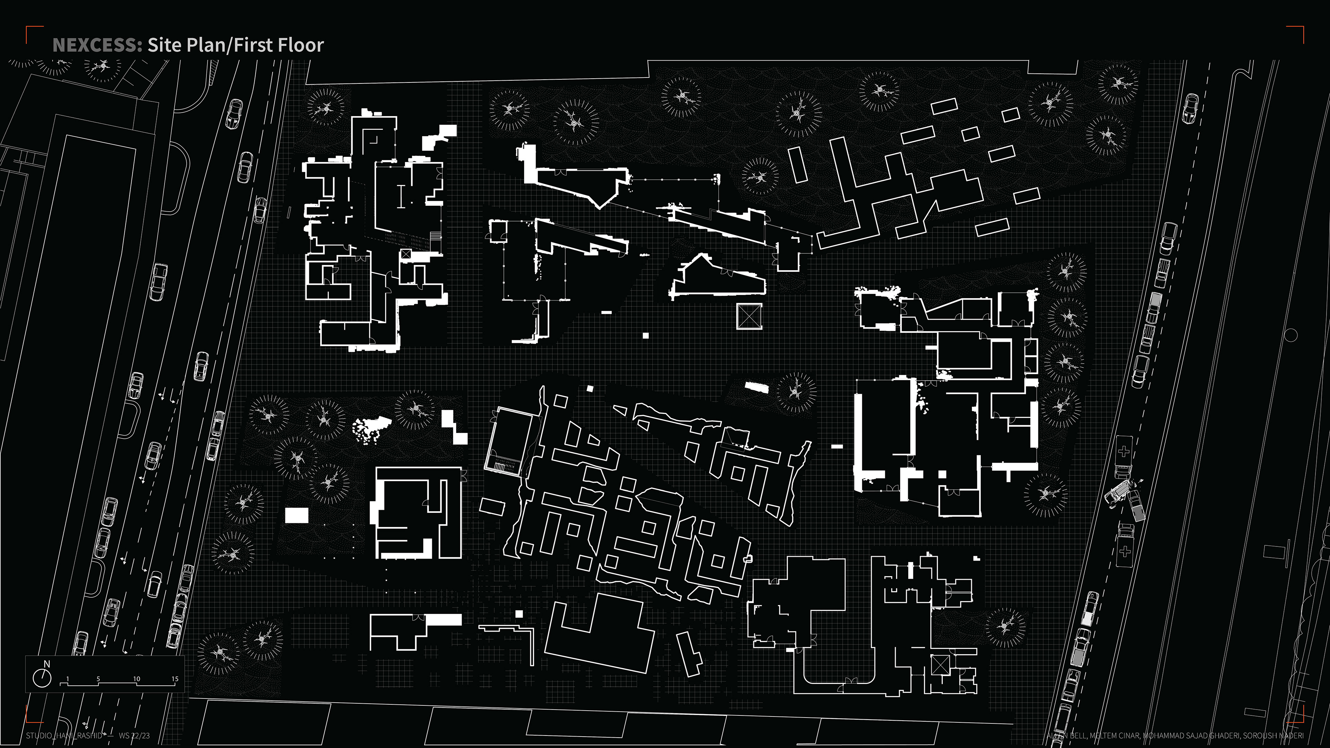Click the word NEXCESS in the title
[97, 45]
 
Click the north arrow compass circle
[42, 678]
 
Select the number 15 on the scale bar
[175, 679]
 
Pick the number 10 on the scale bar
[136, 679]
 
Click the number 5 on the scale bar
[98, 679]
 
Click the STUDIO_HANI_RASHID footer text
[64, 736]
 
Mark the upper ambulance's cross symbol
[1124, 452]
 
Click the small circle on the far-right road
[1290, 336]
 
